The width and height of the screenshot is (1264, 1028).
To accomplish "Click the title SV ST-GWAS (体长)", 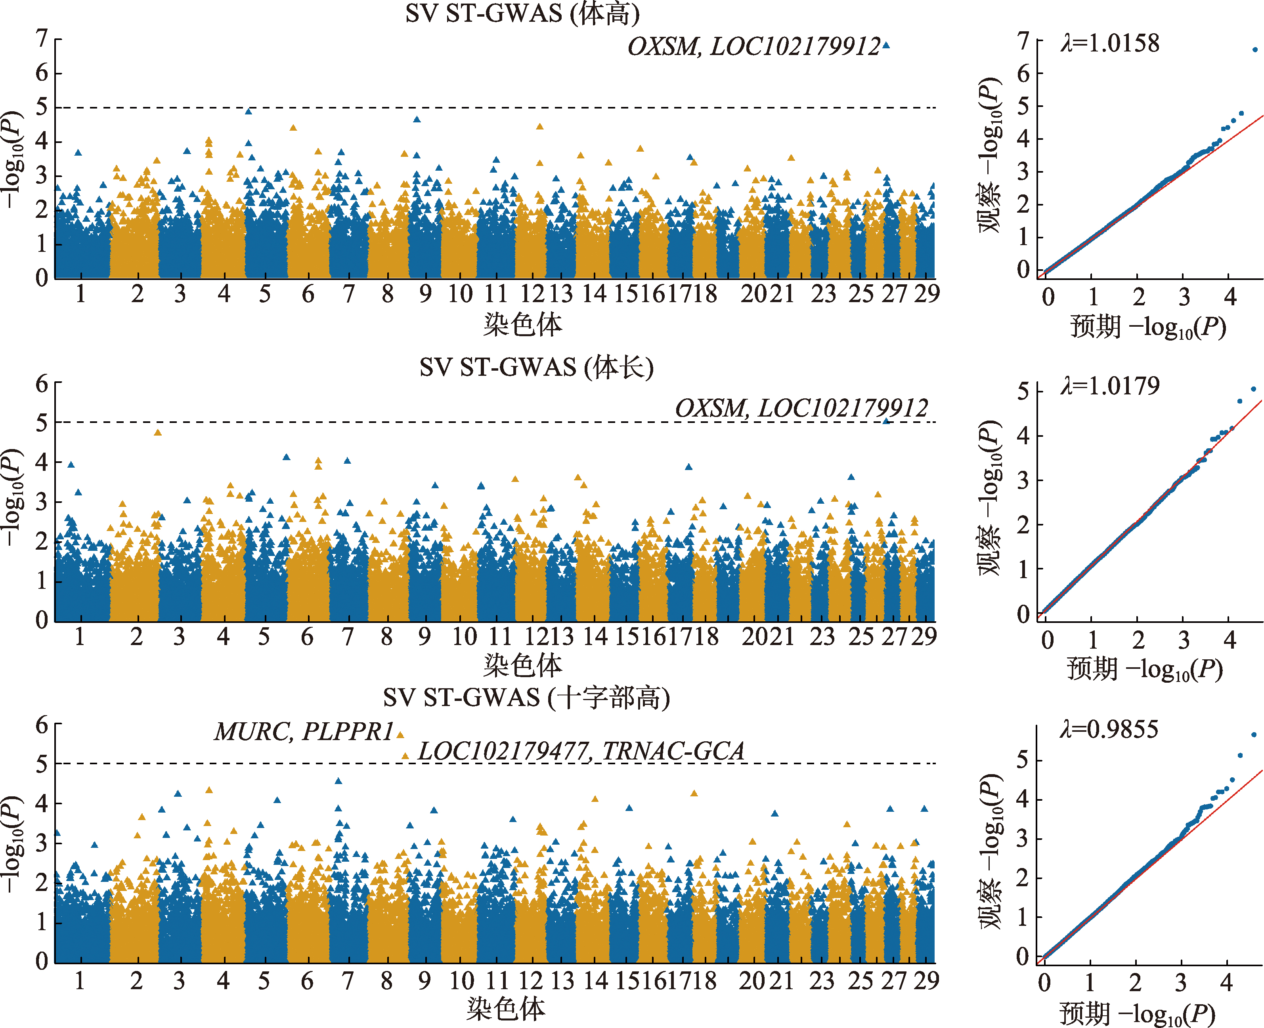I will [536, 368].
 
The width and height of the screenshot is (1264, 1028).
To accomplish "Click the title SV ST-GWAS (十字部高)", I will [526, 698].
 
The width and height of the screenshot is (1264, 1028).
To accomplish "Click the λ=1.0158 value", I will [1109, 43].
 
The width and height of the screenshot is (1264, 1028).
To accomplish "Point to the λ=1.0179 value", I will [1109, 386].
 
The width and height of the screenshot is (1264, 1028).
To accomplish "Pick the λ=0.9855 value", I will [1109, 729].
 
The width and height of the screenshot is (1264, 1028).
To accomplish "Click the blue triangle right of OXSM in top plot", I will [886, 45].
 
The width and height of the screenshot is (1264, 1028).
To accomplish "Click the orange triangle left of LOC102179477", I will [405, 756].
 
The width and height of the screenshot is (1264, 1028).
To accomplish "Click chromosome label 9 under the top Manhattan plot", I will [425, 294].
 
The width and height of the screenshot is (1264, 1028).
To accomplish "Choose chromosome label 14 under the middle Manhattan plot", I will [595, 637].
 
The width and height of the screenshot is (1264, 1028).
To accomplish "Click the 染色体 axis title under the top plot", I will [522, 324].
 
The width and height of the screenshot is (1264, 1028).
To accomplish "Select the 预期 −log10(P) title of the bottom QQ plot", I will [1137, 1014].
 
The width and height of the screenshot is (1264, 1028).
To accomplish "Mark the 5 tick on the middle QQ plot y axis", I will [1023, 391].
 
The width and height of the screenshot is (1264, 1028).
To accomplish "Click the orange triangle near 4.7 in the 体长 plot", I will [158, 432].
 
